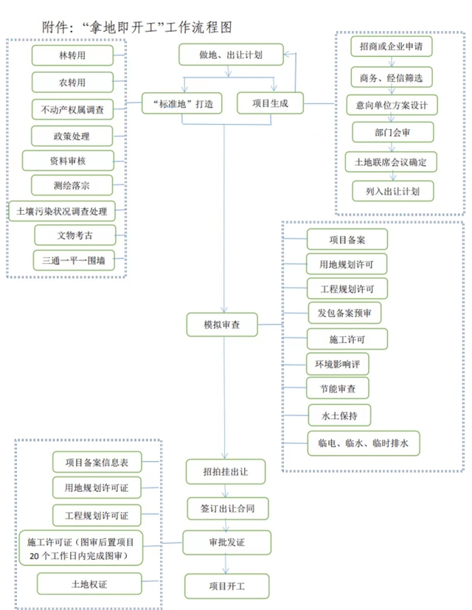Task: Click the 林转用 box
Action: pos(72,55)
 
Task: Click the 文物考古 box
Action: pos(75,235)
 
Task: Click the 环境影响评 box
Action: pos(337,364)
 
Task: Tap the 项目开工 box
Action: pos(226,587)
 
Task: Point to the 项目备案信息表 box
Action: pos(97,462)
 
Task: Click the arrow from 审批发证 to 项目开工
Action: pos(226,564)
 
